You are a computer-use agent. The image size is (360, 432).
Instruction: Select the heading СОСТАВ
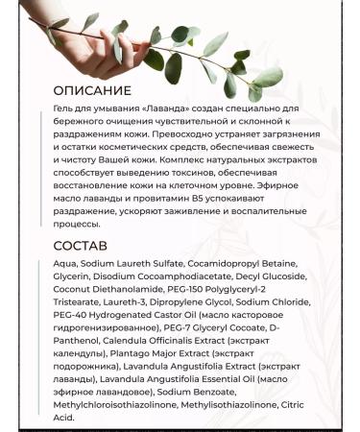tap(81, 247)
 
